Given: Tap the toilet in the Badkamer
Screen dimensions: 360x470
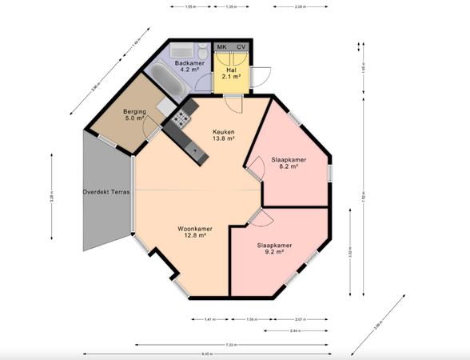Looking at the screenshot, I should [x=204, y=51].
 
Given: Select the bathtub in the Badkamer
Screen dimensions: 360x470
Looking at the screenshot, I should [x=165, y=80].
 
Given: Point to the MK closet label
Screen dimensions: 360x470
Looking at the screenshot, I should [x=221, y=47].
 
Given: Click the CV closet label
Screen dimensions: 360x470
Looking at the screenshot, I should [x=241, y=47].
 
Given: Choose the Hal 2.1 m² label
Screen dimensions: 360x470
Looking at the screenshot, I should [x=232, y=72].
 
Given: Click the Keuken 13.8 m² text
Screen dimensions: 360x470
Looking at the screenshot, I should [x=223, y=135].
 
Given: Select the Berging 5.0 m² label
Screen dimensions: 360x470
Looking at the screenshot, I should [x=133, y=114].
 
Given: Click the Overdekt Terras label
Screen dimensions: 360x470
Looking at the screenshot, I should [x=106, y=192].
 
